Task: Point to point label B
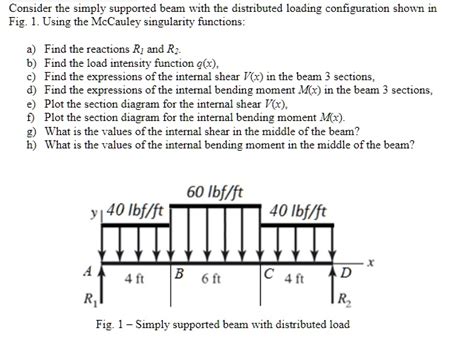pyautogui.click(x=178, y=273)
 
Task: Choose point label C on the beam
pyautogui.click(x=262, y=273)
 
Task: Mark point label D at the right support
pyautogui.click(x=346, y=273)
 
